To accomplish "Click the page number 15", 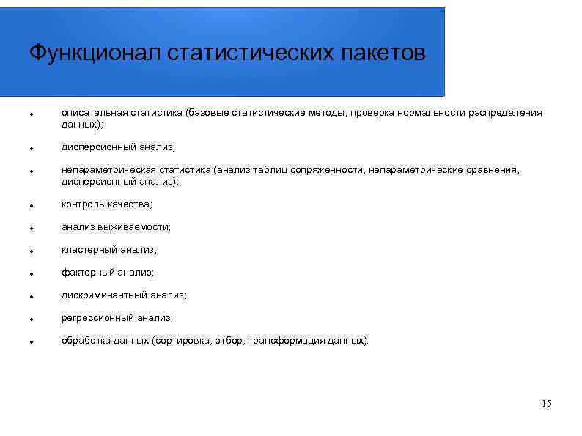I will tap(545, 404).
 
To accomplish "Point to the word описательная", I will tap(94, 113).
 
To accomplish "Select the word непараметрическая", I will tap(107, 170).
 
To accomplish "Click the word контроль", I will tap(82, 204).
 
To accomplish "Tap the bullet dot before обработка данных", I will tap(24, 343).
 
